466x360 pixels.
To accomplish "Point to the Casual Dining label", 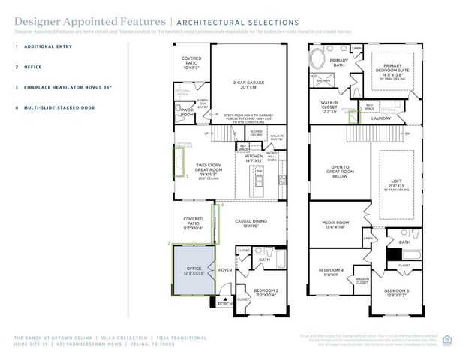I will (x=251, y=223).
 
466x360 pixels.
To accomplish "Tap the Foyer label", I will (x=225, y=269).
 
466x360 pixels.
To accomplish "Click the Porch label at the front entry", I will (x=224, y=303).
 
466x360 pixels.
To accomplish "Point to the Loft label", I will (x=397, y=181).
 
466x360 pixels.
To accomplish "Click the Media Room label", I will (x=335, y=224).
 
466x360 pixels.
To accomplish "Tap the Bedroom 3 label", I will (x=396, y=292).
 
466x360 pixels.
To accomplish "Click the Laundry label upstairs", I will (x=381, y=118).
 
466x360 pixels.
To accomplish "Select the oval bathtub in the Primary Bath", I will (x=320, y=59).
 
